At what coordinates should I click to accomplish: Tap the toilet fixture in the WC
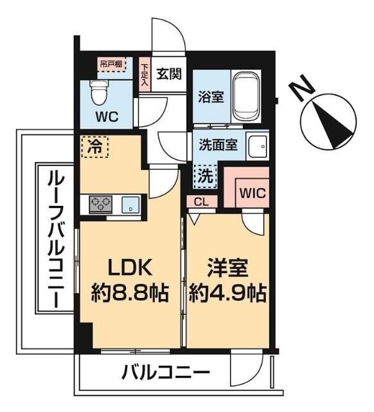click(98, 93)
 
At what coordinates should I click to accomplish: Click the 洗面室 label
click(218, 145)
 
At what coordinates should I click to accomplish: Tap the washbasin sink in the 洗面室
click(259, 147)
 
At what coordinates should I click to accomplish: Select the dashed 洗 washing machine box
click(205, 174)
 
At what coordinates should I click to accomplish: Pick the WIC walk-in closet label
click(252, 192)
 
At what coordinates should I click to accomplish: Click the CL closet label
click(202, 202)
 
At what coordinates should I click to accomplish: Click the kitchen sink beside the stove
click(131, 205)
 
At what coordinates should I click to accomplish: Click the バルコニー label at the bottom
click(165, 373)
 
